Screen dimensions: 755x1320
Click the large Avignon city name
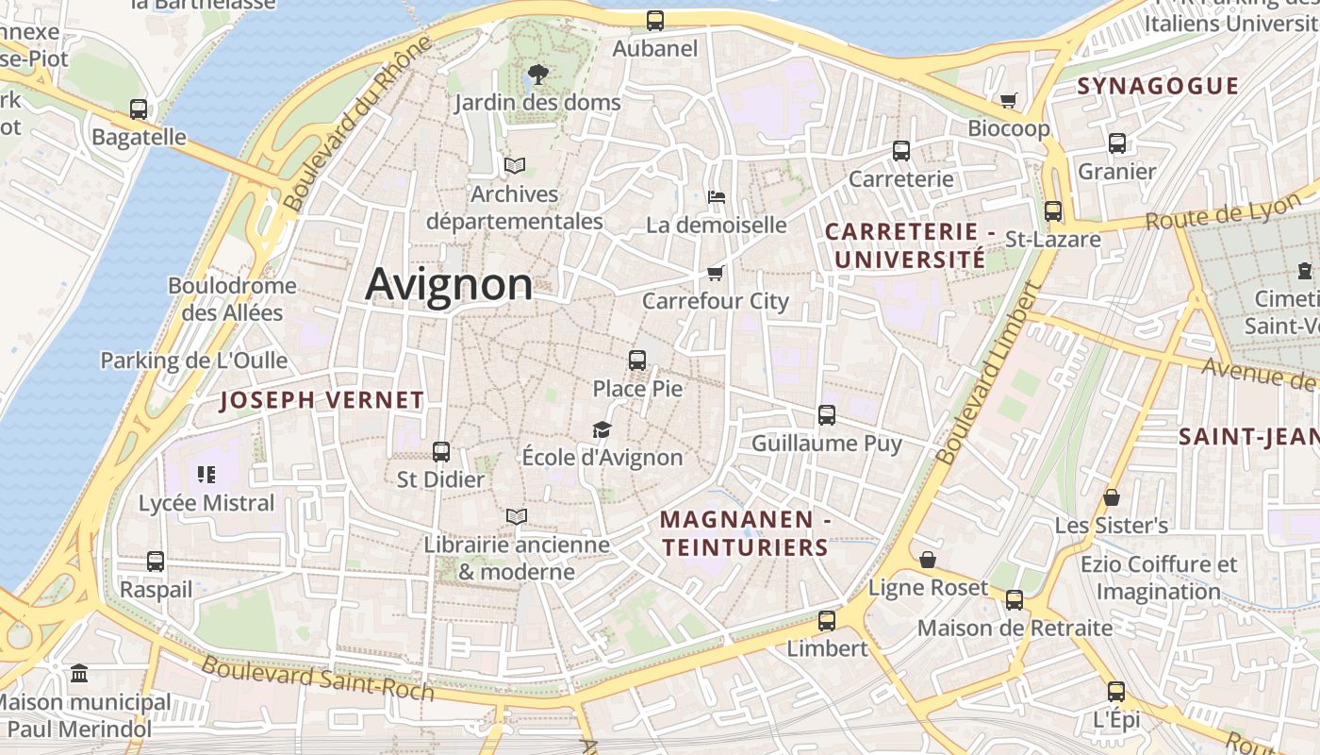pyautogui.click(x=449, y=284)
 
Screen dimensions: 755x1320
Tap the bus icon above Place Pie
pyautogui.click(x=637, y=360)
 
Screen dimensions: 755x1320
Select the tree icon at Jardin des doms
pyautogui.click(x=538, y=74)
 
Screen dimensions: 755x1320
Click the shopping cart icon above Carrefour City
pyautogui.click(x=716, y=274)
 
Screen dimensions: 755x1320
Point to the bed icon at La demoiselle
pyautogui.click(x=717, y=197)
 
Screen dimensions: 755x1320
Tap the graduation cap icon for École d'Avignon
pyautogui.click(x=602, y=430)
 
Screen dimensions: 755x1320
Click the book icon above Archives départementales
pyautogui.click(x=514, y=165)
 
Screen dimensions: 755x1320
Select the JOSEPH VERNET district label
pyautogui.click(x=322, y=400)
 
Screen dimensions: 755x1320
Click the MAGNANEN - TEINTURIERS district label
pyautogui.click(x=744, y=533)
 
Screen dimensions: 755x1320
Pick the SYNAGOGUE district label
pyautogui.click(x=1158, y=86)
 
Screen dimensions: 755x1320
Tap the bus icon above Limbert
pyautogui.click(x=827, y=620)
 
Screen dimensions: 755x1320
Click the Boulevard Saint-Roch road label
pyautogui.click(x=318, y=678)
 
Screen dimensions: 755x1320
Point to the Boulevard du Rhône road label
pyautogui.click(x=356, y=124)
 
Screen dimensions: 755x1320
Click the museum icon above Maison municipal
pyautogui.click(x=80, y=674)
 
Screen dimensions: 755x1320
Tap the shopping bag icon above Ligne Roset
pyautogui.click(x=928, y=560)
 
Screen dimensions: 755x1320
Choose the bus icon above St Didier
pyautogui.click(x=440, y=451)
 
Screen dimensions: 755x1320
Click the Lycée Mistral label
pyautogui.click(x=206, y=503)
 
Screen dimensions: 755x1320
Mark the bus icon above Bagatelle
pyautogui.click(x=139, y=109)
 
